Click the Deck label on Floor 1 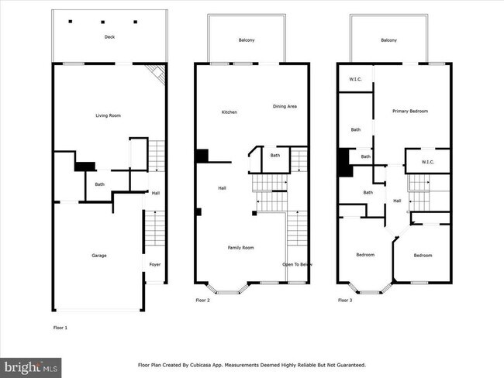[109, 37]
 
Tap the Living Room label [108, 115]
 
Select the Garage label [99, 255]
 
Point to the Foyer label [154, 265]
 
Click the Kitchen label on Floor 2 [230, 112]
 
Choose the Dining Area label [285, 106]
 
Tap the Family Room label [240, 247]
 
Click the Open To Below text [297, 265]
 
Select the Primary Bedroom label [409, 111]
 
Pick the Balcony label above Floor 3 [388, 40]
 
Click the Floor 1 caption [60, 328]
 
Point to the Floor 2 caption [202, 300]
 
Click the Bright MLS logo [31, 366]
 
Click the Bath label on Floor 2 [275, 155]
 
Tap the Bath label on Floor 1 [100, 184]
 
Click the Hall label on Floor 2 [222, 187]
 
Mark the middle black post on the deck [103, 22]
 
